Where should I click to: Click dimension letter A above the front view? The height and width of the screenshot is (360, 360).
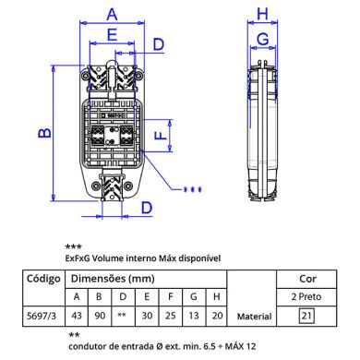(112, 15)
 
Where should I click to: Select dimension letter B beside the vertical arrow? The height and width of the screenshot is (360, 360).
(45, 133)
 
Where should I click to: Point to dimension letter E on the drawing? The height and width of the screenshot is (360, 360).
(112, 34)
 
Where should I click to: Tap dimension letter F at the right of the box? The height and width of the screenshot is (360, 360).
(161, 135)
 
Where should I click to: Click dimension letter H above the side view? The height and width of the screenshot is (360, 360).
(262, 14)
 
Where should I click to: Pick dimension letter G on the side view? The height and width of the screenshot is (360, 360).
(263, 40)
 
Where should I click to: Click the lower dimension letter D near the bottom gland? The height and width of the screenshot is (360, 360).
(147, 208)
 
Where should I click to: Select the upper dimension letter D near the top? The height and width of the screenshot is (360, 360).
(159, 44)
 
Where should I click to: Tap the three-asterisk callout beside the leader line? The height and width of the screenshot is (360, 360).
(193, 190)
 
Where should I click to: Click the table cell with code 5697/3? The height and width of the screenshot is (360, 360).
(42, 316)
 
